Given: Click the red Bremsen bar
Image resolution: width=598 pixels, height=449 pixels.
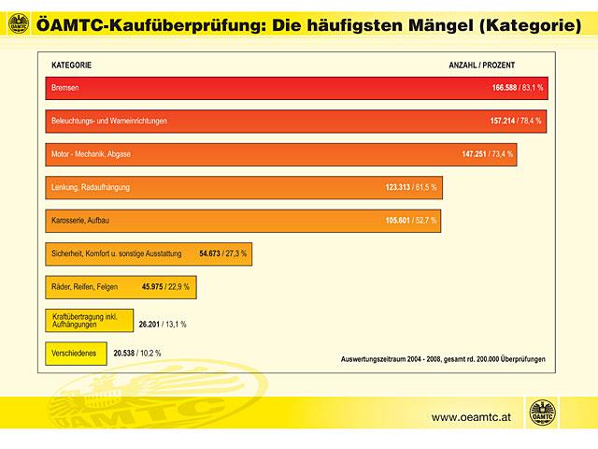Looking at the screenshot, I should point(280,87).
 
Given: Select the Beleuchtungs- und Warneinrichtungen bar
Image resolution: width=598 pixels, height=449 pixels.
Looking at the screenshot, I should point(280,121).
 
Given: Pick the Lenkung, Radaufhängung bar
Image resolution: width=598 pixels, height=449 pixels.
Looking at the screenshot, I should point(234,187).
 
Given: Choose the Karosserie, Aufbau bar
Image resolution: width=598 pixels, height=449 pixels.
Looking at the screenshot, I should point(234,221).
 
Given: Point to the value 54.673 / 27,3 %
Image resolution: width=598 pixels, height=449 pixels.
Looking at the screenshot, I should point(224,253).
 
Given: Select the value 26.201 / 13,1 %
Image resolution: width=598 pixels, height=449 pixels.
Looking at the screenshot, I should point(162,324).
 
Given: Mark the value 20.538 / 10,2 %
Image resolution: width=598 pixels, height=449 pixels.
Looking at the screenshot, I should point(136,354).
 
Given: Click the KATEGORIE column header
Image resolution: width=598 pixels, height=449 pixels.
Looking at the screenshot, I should point(71,65).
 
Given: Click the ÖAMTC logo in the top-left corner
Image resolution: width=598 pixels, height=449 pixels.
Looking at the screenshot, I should point(18,23).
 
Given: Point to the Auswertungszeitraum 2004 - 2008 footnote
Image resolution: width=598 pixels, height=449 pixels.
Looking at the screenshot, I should point(443,359).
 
